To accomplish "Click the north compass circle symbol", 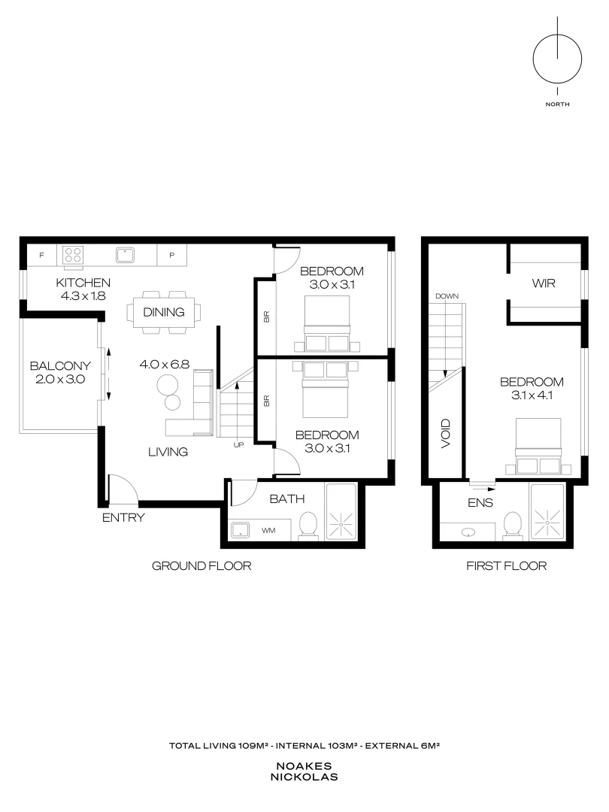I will [x=557, y=60].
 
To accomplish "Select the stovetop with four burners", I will [x=73, y=255].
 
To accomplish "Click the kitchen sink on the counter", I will [x=125, y=255].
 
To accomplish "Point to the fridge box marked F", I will [x=41, y=256].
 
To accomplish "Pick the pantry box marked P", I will [x=172, y=256].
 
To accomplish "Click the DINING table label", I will [x=164, y=311].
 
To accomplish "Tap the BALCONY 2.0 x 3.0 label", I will [x=60, y=373].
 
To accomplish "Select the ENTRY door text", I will [x=123, y=517].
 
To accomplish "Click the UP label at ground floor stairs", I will [x=238, y=445].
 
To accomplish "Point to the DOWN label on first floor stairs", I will [x=447, y=296].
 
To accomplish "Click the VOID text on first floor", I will [x=445, y=434].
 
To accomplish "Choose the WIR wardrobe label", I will [x=544, y=283].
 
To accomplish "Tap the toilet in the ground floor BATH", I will [x=308, y=526].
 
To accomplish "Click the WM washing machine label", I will [x=268, y=530].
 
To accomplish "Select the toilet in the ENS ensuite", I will [x=514, y=526].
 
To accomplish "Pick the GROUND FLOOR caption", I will [x=201, y=566].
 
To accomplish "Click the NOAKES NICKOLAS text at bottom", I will [x=304, y=771].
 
